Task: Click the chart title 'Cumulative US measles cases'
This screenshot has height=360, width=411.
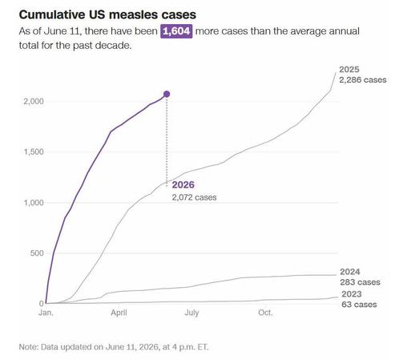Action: coord(107,14)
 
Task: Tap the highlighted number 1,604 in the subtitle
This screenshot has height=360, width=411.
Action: coord(176,31)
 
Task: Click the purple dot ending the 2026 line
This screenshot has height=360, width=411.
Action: coord(167,94)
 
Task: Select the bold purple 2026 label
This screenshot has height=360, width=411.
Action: coord(183,184)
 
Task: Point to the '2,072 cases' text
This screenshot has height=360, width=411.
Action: coord(194,197)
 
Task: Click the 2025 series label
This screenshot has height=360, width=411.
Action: coord(349,70)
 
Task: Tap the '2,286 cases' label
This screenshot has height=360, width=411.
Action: coord(363,80)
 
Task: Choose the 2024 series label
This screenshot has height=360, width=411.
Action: coord(350,272)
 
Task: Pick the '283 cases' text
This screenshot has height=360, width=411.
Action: coord(360,282)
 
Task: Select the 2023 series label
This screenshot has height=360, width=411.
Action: coord(352,294)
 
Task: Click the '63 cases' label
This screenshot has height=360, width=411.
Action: coord(359,305)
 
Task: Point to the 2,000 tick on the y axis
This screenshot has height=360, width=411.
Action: coord(34,101)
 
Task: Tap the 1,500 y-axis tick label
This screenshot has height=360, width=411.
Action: coord(34,152)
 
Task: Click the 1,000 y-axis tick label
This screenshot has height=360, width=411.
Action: coord(34,203)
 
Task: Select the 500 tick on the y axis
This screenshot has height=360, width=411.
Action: coord(37,253)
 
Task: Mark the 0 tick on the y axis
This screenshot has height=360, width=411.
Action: coord(42,303)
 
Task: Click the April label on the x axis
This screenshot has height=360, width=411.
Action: coord(119,313)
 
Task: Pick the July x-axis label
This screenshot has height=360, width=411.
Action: coord(191,313)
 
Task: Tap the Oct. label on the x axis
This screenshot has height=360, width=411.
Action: coord(265,313)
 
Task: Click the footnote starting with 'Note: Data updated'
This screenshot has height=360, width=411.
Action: coord(114,347)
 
